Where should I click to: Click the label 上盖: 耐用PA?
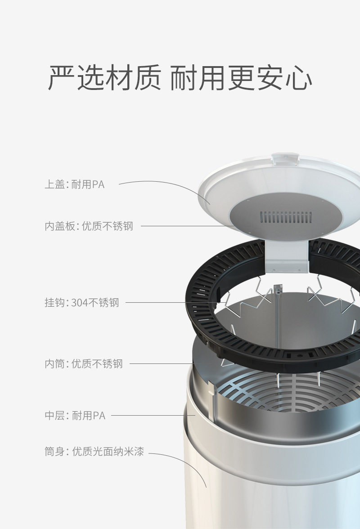pos(75,184)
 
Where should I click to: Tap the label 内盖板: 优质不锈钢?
pos(89,226)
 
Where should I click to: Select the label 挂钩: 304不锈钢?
pos(82,302)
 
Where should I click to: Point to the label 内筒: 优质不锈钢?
pos(84,363)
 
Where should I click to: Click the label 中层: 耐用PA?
pos(75,415)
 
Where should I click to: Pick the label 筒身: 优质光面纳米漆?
pos(94,451)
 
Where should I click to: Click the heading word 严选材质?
pos(104,77)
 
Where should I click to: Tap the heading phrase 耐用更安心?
pos(241,77)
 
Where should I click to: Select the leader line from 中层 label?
pos(153,415)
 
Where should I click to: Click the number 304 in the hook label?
pos(80,303)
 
